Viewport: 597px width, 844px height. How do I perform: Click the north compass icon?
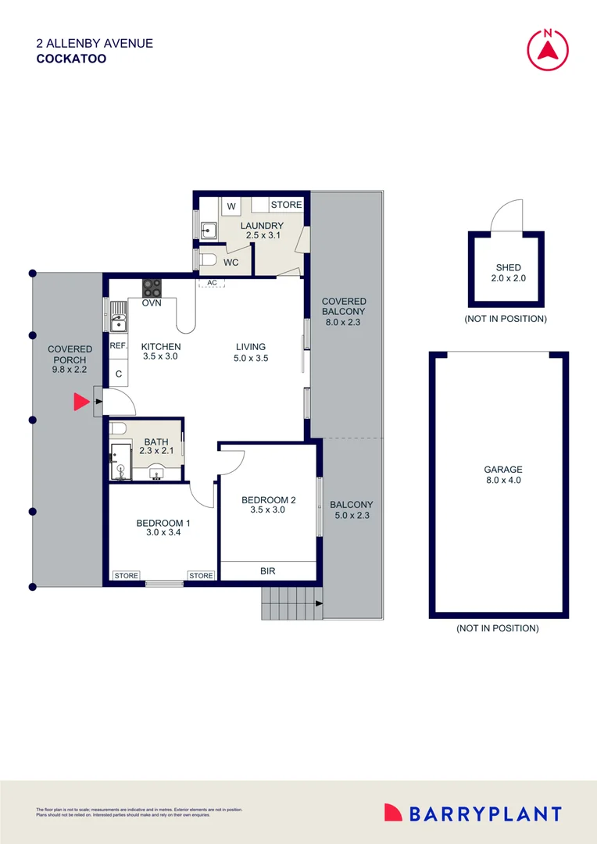548,49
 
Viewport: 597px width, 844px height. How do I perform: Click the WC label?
231,263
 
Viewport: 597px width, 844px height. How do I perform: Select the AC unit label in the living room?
211,283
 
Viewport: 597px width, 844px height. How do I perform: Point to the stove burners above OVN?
152,287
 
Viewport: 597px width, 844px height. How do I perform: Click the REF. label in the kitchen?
118,345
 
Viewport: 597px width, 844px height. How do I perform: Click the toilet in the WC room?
207,260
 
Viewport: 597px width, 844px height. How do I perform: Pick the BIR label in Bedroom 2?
268,571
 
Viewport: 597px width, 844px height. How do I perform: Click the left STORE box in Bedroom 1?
126,576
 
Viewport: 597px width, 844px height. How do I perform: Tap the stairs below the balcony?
291,603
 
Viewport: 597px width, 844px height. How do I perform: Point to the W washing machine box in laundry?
231,206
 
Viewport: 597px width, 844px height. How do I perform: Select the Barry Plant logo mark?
394,814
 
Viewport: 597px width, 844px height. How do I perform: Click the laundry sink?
209,230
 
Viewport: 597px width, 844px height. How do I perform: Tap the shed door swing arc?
504,214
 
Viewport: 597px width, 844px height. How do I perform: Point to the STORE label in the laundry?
286,205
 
